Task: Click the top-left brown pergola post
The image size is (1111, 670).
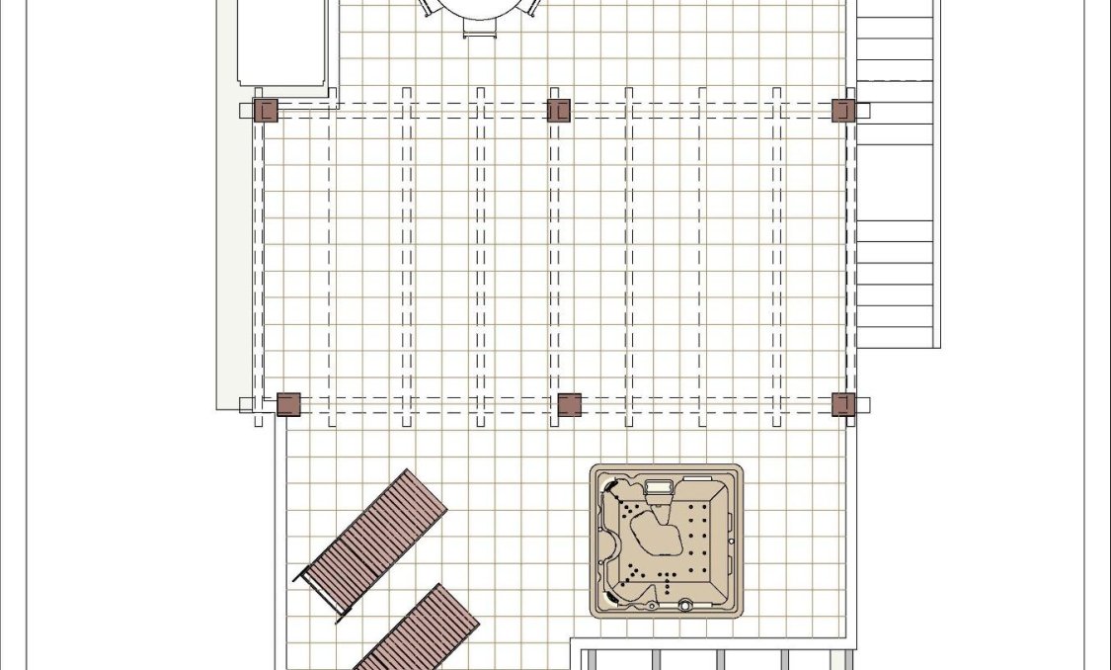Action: [266, 110]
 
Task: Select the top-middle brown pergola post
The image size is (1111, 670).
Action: [559, 110]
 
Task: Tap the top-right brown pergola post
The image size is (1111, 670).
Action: [842, 110]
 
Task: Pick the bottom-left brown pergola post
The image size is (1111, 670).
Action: [288, 404]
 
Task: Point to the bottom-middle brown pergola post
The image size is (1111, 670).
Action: [570, 404]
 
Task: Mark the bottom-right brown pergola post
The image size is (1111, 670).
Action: [843, 404]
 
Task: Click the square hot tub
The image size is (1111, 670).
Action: [667, 541]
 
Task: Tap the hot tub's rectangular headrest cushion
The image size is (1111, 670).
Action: [658, 486]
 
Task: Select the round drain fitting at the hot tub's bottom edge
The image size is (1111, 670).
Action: [683, 605]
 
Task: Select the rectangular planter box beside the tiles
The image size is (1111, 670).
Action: [281, 42]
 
